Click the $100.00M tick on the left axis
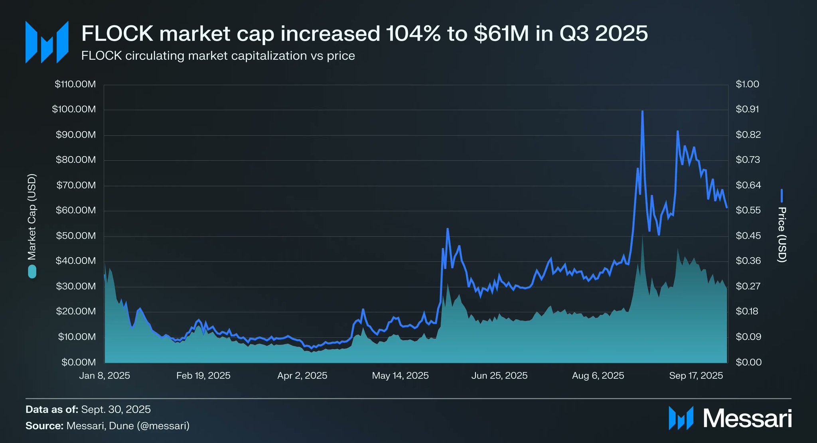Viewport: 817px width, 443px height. tap(74, 109)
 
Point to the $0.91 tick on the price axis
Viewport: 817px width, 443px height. tap(747, 109)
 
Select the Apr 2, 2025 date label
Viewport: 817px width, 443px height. tap(302, 376)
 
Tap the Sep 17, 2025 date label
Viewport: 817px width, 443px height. tap(696, 376)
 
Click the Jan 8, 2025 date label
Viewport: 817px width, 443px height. tap(105, 376)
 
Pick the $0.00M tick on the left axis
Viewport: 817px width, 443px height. tap(79, 362)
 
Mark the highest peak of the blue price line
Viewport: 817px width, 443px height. tap(642, 111)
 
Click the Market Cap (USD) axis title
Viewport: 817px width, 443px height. tap(32, 217)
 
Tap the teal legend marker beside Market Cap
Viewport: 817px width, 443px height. tap(32, 272)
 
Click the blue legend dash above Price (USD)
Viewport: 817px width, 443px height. tap(782, 196)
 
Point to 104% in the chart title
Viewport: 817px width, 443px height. tap(413, 33)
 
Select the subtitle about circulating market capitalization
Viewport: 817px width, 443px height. tap(218, 55)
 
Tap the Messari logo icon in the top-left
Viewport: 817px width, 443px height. tap(47, 42)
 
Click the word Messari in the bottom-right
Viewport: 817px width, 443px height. tap(747, 418)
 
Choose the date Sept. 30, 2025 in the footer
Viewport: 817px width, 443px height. tap(116, 410)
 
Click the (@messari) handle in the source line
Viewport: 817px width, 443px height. tap(163, 426)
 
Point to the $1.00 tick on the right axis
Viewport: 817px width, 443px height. tap(747, 84)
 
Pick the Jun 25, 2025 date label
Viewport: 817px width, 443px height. tap(499, 376)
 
